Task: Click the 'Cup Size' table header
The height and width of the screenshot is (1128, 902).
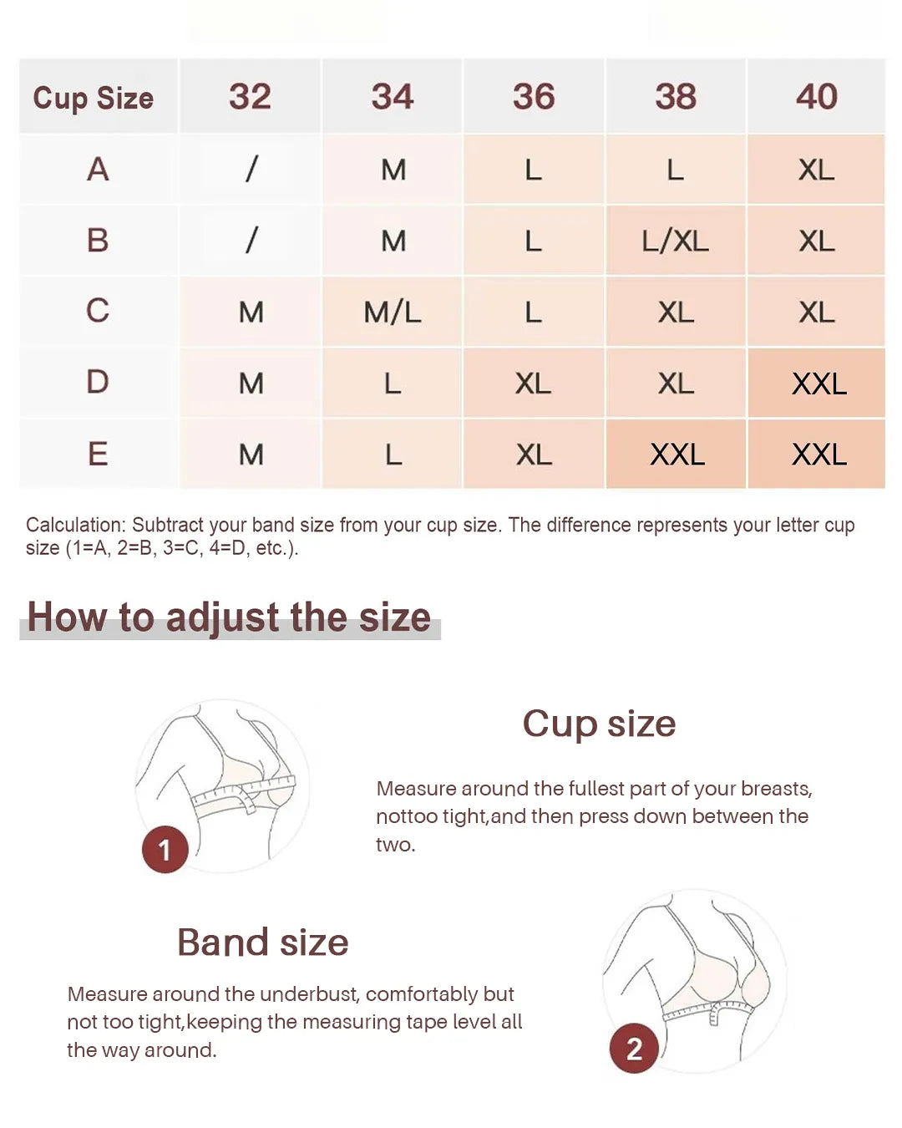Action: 94,98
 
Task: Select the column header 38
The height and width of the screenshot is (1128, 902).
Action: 675,96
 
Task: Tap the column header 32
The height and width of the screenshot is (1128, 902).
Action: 250,96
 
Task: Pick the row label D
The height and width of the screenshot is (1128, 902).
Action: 98,382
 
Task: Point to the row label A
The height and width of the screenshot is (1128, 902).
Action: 98,170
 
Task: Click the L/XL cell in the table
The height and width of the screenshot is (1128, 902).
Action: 675,241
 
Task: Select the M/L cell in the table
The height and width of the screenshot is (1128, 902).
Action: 392,312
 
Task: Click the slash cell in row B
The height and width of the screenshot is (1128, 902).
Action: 251,241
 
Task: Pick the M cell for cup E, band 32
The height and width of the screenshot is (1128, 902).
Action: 251,455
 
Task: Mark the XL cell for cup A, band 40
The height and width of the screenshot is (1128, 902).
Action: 816,170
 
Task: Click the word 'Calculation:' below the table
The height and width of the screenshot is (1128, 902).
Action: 75,525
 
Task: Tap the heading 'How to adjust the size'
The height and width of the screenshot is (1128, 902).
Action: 229,617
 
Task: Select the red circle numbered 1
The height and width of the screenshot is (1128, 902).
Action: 165,850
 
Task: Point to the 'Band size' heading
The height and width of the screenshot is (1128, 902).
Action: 263,943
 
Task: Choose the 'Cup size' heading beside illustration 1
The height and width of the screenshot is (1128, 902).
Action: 599,724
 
